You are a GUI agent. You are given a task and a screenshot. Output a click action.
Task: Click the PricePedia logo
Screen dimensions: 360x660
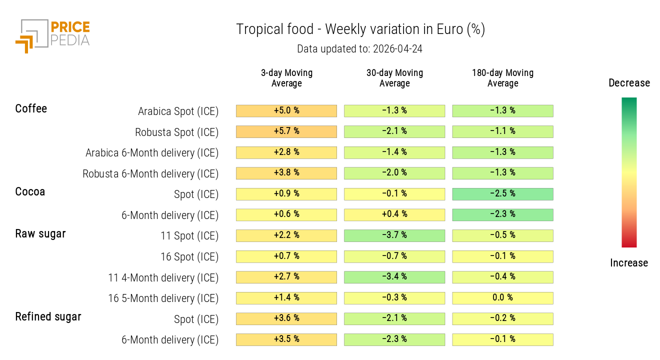tap(52, 35)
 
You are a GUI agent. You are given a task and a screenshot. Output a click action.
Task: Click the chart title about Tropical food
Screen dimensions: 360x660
tap(360, 29)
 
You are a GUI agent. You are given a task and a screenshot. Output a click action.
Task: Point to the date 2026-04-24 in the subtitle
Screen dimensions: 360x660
tap(398, 49)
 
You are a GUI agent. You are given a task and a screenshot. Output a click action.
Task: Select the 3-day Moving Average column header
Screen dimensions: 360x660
tap(286, 78)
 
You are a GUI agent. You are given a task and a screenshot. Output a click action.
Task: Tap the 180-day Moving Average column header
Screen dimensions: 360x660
tap(502, 78)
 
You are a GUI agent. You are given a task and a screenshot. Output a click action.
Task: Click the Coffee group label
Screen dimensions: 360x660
tap(31, 108)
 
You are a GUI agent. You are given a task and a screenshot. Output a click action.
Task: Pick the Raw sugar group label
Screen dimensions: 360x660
tap(40, 233)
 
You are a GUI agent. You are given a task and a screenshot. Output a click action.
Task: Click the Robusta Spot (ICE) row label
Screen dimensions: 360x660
tap(176, 132)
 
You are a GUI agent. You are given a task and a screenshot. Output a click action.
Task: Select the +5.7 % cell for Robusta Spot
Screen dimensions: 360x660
tap(286, 131)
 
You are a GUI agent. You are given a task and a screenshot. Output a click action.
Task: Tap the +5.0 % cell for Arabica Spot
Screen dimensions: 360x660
tap(286, 110)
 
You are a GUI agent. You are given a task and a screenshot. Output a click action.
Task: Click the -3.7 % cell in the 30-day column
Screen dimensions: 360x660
tap(394, 235)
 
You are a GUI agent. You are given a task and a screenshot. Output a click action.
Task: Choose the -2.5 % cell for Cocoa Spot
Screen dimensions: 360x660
tap(502, 194)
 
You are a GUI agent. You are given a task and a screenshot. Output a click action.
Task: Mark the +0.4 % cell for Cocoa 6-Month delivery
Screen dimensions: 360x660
tap(394, 214)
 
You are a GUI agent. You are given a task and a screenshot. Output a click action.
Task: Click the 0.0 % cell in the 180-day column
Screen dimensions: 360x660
tap(502, 298)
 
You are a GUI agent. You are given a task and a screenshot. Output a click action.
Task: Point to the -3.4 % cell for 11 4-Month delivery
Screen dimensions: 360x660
tap(394, 277)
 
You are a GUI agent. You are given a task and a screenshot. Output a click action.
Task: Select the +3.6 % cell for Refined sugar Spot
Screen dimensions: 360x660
tap(286, 318)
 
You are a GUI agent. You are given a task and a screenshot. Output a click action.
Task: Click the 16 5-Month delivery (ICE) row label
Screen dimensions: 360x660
tap(163, 298)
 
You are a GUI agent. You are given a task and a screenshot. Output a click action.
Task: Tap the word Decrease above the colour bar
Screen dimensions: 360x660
tap(629, 83)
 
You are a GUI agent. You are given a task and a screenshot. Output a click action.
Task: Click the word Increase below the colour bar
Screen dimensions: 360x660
tap(629, 263)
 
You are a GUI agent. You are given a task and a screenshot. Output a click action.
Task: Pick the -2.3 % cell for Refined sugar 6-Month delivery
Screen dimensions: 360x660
tap(394, 339)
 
